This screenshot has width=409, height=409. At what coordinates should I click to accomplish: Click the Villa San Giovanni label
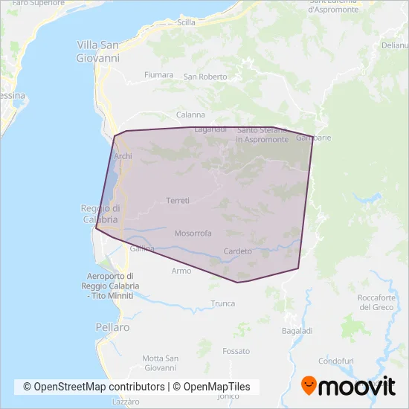pos(97,51)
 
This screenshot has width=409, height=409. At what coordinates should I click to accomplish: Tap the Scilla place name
pos(186,23)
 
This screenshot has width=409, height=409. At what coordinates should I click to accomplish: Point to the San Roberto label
pos(205,77)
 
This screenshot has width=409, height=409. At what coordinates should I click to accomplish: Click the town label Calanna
pos(190,115)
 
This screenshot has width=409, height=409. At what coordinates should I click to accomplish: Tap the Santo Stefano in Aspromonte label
pos(263,135)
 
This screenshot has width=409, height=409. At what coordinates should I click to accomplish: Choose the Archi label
pos(123,156)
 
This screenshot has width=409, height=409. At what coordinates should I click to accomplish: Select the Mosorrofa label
pos(193,233)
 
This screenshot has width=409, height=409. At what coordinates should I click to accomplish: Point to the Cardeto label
pos(238,251)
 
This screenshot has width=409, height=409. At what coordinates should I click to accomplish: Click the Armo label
pos(181,271)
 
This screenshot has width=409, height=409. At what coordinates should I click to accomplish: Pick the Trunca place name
pos(222,303)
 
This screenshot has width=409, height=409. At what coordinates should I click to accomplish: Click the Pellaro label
pos(112,326)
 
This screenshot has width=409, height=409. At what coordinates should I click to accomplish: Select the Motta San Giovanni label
pos(160,363)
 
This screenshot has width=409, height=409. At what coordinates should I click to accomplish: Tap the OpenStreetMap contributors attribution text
pos(94,387)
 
